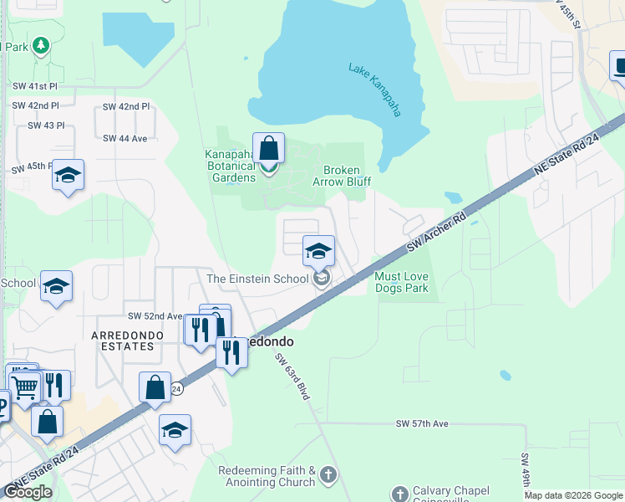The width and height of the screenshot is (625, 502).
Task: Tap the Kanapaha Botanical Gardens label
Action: click(x=231, y=166)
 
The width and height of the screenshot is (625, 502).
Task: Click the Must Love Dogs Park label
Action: click(x=401, y=283)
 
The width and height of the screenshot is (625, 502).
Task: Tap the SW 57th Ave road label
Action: click(x=422, y=424)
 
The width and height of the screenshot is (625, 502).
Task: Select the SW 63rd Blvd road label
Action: click(x=292, y=375)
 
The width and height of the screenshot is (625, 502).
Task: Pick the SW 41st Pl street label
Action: click(x=35, y=86)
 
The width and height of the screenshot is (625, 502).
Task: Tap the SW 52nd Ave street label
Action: click(x=155, y=316)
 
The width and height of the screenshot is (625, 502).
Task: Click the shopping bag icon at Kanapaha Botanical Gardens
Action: click(x=268, y=150)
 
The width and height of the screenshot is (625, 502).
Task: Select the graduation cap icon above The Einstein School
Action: click(x=318, y=251)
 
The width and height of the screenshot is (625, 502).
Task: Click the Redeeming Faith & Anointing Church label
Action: click(x=267, y=476)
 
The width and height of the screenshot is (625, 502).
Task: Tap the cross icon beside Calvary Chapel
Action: click(x=399, y=494)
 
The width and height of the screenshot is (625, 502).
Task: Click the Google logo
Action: click(x=28, y=493)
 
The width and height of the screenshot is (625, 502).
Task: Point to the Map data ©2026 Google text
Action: click(x=572, y=495)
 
